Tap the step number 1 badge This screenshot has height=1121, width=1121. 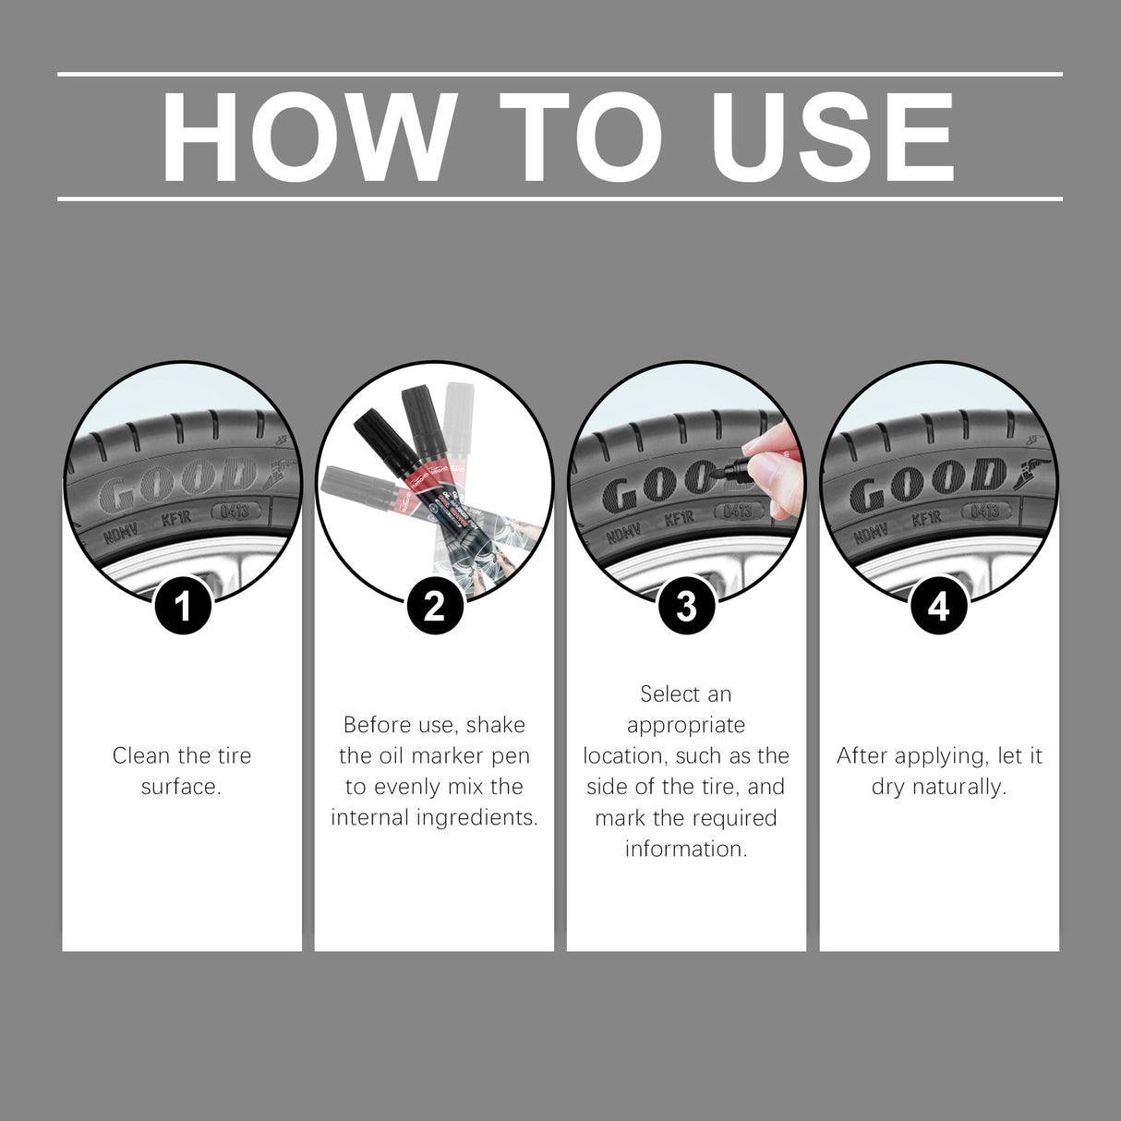(183, 607)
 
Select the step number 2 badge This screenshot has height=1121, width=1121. (434, 607)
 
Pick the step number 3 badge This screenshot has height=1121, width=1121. (686, 607)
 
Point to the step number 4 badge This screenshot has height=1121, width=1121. (938, 607)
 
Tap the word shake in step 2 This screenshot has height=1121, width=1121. (496, 725)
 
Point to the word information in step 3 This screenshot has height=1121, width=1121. (685, 849)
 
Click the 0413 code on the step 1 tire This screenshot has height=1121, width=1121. (235, 511)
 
